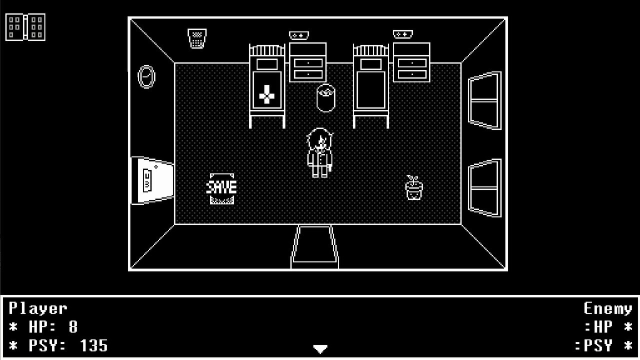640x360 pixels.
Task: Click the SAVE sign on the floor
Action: point(221,188)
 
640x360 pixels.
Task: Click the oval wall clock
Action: point(146,77)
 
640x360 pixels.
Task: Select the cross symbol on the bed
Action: point(267,94)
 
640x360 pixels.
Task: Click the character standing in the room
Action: point(320,153)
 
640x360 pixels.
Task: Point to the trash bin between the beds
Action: point(325,98)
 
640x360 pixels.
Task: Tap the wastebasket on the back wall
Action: point(197,38)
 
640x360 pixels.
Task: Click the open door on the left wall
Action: point(152,180)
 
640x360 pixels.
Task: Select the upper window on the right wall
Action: point(484,100)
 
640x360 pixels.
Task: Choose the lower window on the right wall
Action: point(484,188)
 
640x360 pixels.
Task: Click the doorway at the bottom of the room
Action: point(314,247)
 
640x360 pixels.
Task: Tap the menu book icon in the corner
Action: point(25,27)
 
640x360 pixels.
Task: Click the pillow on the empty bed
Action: point(371,64)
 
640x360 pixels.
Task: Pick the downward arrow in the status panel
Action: point(320,349)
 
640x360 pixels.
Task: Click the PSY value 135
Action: point(93,345)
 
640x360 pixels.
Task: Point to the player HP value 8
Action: point(73,326)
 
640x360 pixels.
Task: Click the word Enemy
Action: point(607,308)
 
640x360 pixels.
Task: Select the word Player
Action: point(38,308)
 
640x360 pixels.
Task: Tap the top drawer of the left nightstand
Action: point(308,63)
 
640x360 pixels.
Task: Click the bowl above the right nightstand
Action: point(403,34)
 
